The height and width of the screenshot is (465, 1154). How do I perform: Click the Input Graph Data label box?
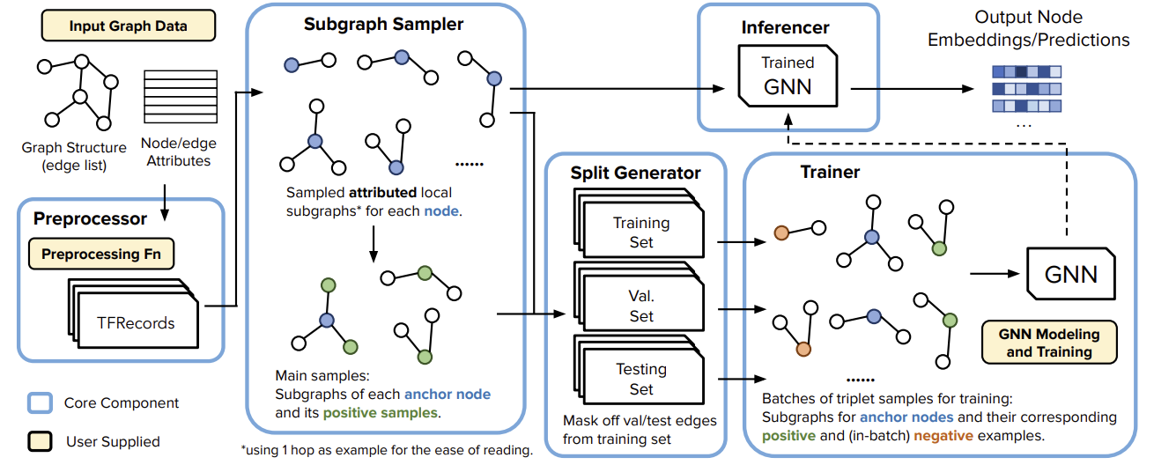pyautogui.click(x=128, y=26)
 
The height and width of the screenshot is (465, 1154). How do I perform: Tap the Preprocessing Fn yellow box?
pyautogui.click(x=101, y=255)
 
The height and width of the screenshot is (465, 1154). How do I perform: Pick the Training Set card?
pyautogui.click(x=641, y=232)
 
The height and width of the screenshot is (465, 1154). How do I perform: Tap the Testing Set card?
pyautogui.click(x=641, y=378)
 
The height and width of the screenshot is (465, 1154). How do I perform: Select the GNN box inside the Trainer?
pyautogui.click(x=1070, y=273)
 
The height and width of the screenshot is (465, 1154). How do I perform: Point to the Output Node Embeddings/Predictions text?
pyautogui.click(x=1052, y=29)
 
